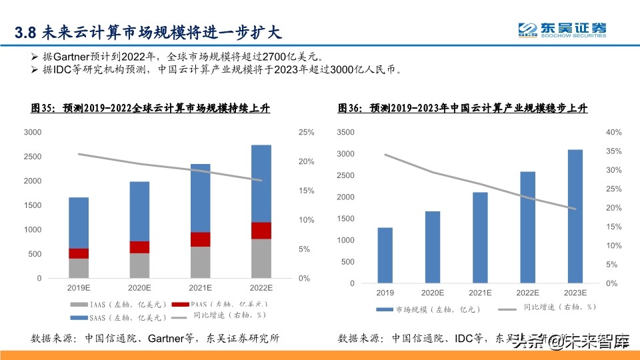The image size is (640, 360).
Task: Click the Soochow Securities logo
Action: (x=563, y=30)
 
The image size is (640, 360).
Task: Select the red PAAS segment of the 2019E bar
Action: (x=79, y=253)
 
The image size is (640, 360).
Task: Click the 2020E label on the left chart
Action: (x=139, y=288)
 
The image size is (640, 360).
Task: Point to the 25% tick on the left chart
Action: (x=306, y=133)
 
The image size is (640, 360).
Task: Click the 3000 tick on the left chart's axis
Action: (x=32, y=133)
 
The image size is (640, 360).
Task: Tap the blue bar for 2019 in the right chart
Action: (x=385, y=255)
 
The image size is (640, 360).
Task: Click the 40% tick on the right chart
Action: (x=613, y=133)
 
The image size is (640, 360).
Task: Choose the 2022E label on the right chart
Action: (x=528, y=293)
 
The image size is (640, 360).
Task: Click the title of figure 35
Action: (x=150, y=108)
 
